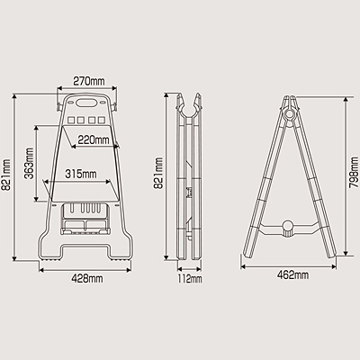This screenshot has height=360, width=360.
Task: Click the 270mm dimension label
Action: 89,81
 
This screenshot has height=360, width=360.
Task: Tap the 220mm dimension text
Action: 94,139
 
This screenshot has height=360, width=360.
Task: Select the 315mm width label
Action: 81,174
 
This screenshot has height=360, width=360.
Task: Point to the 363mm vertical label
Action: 29,163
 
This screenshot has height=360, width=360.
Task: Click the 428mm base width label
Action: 87,279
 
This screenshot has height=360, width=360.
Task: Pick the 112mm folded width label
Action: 190,279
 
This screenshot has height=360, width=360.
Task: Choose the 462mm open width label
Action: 292,275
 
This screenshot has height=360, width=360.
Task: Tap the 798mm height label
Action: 355,174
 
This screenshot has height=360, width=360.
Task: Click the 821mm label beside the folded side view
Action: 158,173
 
